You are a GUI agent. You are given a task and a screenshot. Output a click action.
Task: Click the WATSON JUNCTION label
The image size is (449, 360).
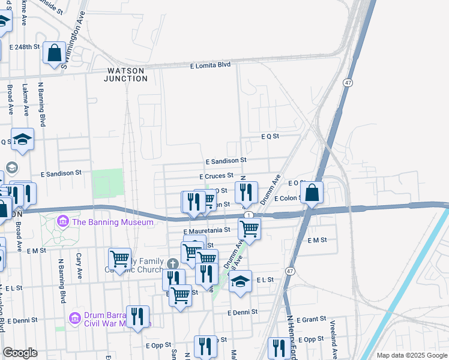point(125,74)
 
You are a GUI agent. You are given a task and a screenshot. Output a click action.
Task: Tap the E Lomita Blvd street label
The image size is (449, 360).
point(210,65)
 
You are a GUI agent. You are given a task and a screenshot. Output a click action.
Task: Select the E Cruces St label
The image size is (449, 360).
point(216,176)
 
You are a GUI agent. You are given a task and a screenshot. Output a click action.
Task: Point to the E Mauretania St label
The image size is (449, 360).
point(207,230)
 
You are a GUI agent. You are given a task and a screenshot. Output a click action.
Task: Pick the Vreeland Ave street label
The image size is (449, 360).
point(333,336)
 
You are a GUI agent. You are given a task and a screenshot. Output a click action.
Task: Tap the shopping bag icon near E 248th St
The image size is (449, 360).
point(54,52)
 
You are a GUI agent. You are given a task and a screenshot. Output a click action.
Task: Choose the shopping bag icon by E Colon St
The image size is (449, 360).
point(312,193)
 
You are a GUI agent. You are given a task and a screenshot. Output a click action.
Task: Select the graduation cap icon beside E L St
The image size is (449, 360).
point(240,281)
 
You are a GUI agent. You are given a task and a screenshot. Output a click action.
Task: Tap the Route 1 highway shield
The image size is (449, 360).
point(249,215)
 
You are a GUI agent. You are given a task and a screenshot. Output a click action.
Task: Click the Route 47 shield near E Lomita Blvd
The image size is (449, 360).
point(348,82)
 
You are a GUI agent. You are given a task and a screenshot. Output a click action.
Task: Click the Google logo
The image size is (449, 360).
point(20,353)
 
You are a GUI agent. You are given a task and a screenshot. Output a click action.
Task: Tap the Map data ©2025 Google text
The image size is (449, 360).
point(412,355)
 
